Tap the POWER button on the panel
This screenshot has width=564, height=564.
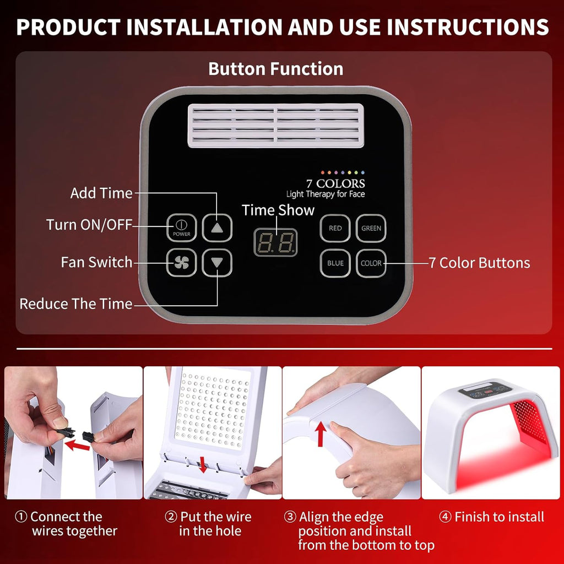pos(182,227)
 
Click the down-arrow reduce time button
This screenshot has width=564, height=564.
pos(217,263)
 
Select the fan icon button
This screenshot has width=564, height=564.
pos(182,263)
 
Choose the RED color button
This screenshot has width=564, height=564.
pos(335,228)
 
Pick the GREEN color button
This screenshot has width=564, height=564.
pos(371,228)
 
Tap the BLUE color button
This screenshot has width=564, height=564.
pos(335,263)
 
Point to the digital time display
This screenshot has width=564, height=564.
pos(275,242)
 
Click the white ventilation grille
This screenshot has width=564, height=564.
pos(276,126)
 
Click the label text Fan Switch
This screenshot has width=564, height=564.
pos(96,262)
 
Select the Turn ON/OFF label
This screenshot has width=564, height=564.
pos(89,225)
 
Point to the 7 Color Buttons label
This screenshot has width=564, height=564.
pos(479,263)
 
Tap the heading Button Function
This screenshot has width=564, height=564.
pos(275,69)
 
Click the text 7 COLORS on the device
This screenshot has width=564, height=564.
pos(336,183)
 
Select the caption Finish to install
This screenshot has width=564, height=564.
pos(498,517)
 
